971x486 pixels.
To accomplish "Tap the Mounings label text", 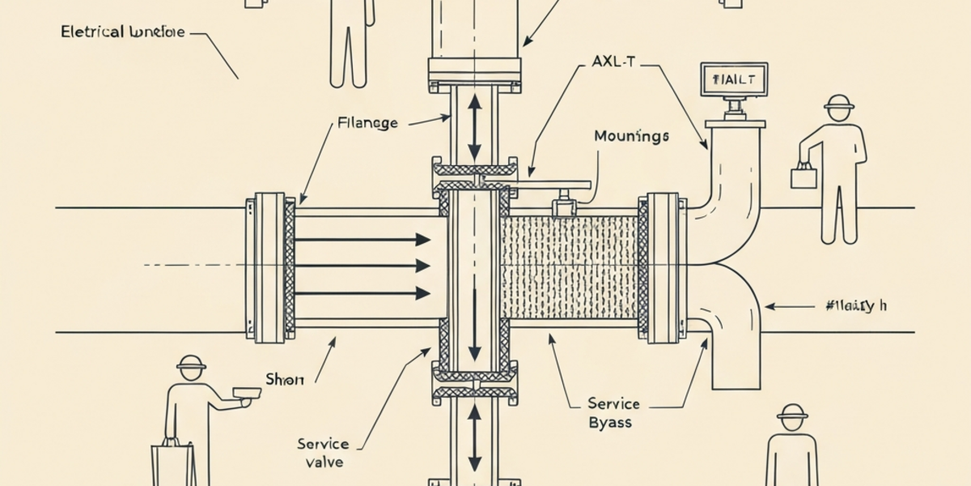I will pyautogui.click(x=631, y=136).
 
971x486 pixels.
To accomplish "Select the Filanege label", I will pyautogui.click(x=367, y=123).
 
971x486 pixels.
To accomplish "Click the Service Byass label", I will pyautogui.click(x=613, y=412).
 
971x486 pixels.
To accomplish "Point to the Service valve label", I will pyautogui.click(x=323, y=453).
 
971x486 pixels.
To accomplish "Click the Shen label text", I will pyautogui.click(x=285, y=379).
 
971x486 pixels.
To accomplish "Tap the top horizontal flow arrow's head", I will pyautogui.click(x=422, y=239).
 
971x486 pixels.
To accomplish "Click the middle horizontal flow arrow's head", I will pyautogui.click(x=422, y=266).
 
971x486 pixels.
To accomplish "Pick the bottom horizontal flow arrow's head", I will pyautogui.click(x=422, y=292).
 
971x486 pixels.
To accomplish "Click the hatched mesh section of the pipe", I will pyautogui.click(x=570, y=266).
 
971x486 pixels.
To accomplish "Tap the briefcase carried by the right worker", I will pyautogui.click(x=804, y=176).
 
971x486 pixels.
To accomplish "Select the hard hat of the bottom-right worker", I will pyautogui.click(x=791, y=412).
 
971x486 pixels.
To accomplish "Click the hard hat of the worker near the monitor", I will pyautogui.click(x=839, y=103).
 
